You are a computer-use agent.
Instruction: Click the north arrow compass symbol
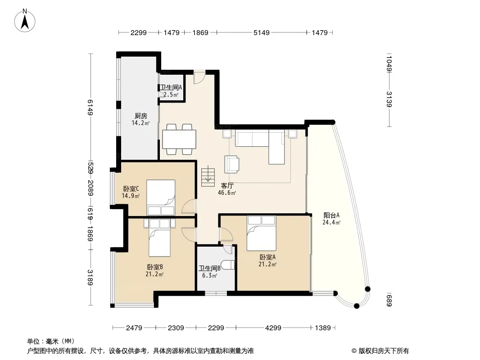pyautogui.click(x=25, y=20)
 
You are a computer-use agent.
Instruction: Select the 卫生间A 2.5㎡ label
pyautogui.click(x=171, y=91)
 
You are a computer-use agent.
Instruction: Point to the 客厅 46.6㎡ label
pyautogui.click(x=227, y=189)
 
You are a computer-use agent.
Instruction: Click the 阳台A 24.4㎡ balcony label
pyautogui.click(x=331, y=219)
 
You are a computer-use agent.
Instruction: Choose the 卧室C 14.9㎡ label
pyautogui.click(x=131, y=192)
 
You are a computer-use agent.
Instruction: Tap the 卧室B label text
pyautogui.click(x=155, y=267)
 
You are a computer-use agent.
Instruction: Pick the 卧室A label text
pyautogui.click(x=267, y=257)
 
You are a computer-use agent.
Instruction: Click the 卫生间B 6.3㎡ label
pyautogui.click(x=210, y=272)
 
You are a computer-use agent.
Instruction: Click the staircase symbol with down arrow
pyautogui.click(x=208, y=176)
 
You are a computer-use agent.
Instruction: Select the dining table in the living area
pyautogui.click(x=179, y=139)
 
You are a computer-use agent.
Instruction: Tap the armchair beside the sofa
pyautogui.click(x=232, y=164)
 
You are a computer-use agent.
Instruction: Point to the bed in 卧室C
pyautogui.click(x=161, y=198)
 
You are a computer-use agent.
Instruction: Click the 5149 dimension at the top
pyautogui.click(x=262, y=33)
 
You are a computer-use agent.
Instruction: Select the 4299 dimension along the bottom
pyautogui.click(x=273, y=328)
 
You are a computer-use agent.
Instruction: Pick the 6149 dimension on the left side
pyautogui.click(x=90, y=108)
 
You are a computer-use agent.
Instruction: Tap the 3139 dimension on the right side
pyautogui.click(x=389, y=99)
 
